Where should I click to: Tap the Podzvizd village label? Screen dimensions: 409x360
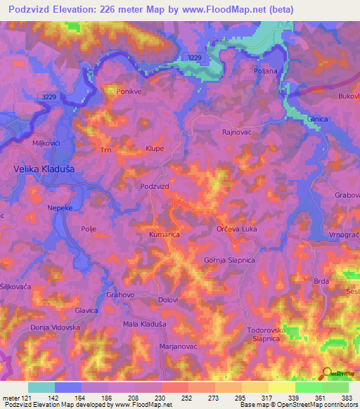tap(155, 186)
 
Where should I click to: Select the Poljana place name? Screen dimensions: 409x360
tap(265, 72)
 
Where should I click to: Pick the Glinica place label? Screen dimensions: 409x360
tap(316, 119)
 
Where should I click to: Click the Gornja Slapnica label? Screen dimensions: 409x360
tap(229, 260)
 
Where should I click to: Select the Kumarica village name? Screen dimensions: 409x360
tap(165, 234)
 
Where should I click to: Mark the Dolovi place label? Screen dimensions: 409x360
tap(168, 300)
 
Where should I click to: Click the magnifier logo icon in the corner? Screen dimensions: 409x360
tap(326, 373)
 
